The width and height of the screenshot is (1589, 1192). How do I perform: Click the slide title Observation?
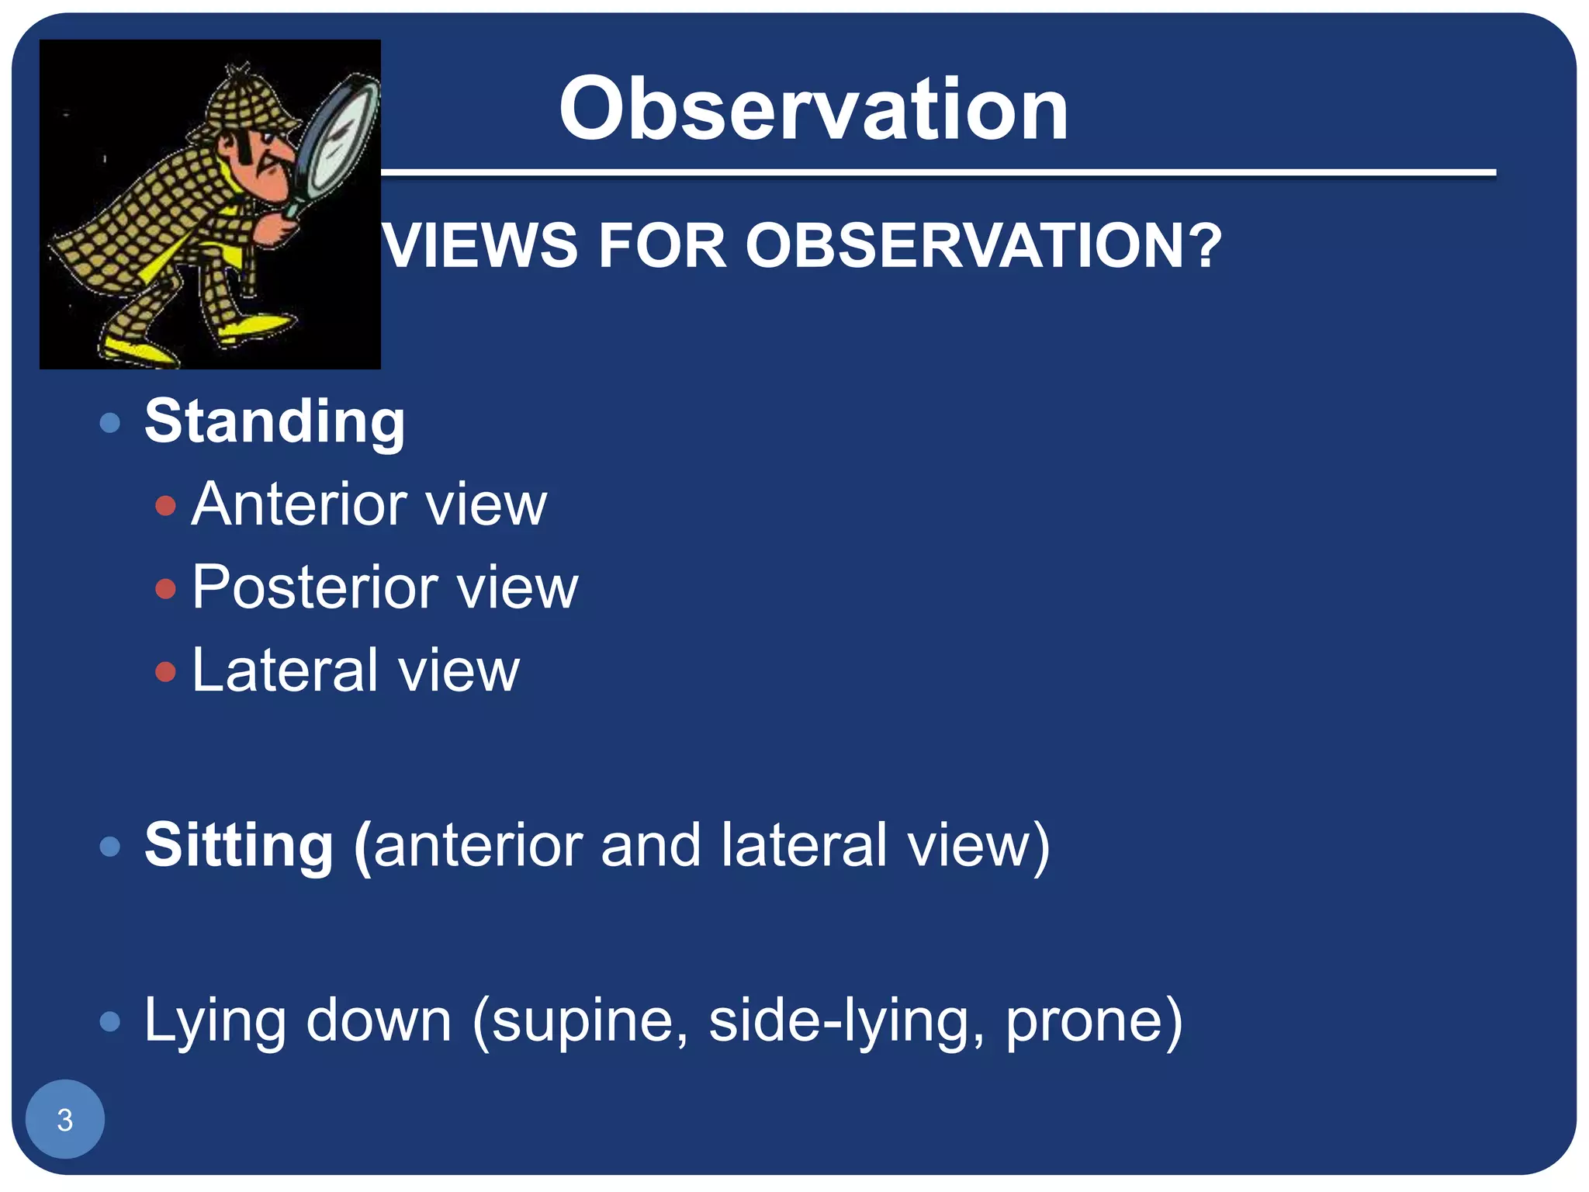[x=813, y=110]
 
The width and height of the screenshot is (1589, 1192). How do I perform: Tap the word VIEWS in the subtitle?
[x=481, y=246]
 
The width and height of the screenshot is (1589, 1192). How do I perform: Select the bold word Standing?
[x=275, y=423]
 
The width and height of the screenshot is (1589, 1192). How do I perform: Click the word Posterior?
[x=315, y=587]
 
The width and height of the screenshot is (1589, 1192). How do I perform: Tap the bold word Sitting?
[x=239, y=845]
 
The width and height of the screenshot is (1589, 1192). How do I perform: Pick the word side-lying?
[x=846, y=1021]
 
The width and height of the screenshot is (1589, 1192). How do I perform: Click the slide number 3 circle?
[x=65, y=1119]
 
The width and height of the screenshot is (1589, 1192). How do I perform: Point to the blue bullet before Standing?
[x=110, y=423]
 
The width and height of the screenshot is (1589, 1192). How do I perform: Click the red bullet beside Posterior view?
[x=165, y=588]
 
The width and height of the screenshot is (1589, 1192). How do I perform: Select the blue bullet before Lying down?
[x=110, y=1021]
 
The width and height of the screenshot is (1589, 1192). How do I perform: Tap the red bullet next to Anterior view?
[x=165, y=506]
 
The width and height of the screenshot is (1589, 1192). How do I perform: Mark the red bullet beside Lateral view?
[x=165, y=671]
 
